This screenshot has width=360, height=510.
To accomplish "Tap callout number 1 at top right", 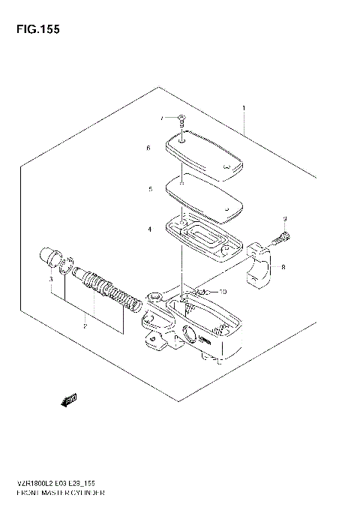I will tap(244, 109).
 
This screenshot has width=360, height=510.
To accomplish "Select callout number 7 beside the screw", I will tap(160, 118).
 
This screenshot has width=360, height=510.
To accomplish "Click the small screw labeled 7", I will tap(182, 117).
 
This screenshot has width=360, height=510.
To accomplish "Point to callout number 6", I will tap(148, 148).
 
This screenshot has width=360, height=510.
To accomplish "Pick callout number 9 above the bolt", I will tap(285, 218).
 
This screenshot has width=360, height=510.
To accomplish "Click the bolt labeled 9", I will tap(282, 239).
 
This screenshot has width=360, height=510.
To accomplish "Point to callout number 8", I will tap(283, 267).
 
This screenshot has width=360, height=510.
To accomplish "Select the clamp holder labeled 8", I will tap(262, 266).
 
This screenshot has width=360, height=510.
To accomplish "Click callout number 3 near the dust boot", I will tap(50, 280).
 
